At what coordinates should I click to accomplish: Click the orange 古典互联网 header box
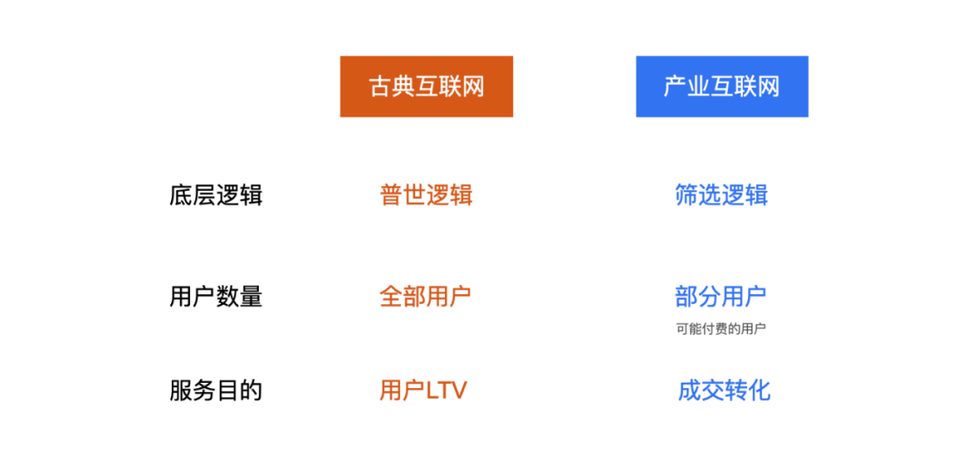426,87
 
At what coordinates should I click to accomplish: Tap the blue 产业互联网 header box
721,87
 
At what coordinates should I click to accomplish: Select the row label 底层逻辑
215,195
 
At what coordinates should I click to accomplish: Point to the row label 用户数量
215,297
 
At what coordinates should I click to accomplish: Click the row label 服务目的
215,391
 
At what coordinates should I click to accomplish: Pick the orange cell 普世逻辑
426,195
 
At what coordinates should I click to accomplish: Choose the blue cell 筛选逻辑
721,195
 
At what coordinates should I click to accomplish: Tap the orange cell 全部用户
425,297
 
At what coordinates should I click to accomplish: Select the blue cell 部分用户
720,296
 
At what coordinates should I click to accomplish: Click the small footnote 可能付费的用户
720,329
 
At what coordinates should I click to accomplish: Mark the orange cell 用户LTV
423,391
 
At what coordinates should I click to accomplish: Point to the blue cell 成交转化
724,391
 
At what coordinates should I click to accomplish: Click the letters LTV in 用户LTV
446,391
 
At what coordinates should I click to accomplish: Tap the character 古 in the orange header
380,87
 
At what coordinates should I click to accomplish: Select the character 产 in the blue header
675,87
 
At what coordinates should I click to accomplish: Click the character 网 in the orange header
473,87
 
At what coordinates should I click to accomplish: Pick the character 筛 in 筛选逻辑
687,195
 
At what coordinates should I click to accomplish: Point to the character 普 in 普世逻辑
392,195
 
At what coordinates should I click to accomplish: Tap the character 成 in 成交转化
689,391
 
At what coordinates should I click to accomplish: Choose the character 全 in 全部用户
391,297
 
